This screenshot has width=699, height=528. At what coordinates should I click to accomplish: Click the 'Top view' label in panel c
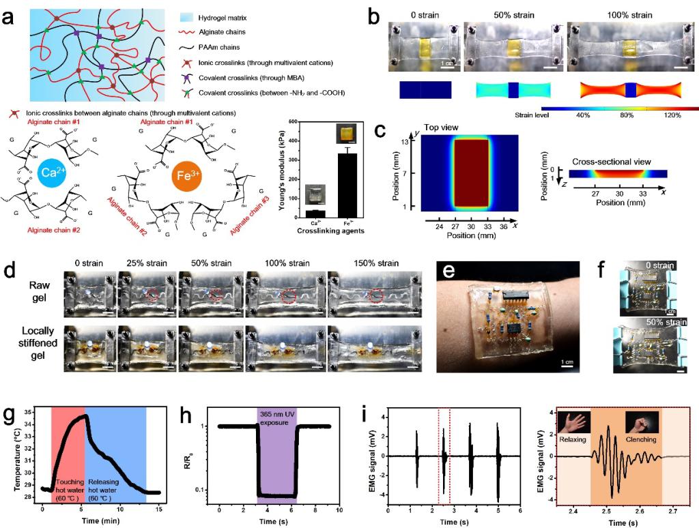click(440, 128)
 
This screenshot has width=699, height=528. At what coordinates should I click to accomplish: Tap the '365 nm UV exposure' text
click(276, 418)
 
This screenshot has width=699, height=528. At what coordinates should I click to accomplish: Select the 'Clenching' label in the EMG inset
click(640, 440)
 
